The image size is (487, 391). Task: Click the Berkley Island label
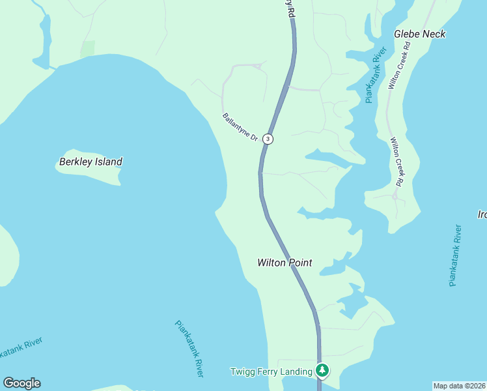[90, 162]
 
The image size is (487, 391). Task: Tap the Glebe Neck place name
[419, 34]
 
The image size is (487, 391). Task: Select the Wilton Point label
[285, 263]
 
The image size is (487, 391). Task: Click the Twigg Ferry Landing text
[271, 371]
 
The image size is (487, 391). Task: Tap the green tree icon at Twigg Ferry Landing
[322, 371]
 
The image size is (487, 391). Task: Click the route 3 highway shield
[268, 139]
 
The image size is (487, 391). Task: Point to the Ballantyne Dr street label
[240, 128]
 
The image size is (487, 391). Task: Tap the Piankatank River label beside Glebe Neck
[376, 74]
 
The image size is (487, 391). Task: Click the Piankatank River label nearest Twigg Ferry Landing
[189, 348]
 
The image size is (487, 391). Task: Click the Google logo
[21, 383]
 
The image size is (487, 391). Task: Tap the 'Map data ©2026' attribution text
[460, 386]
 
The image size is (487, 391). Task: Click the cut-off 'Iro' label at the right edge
[482, 214]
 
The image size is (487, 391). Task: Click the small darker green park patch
[87, 48]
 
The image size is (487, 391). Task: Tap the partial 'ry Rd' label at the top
[290, 10]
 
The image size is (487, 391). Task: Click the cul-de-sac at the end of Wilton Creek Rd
[395, 195]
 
